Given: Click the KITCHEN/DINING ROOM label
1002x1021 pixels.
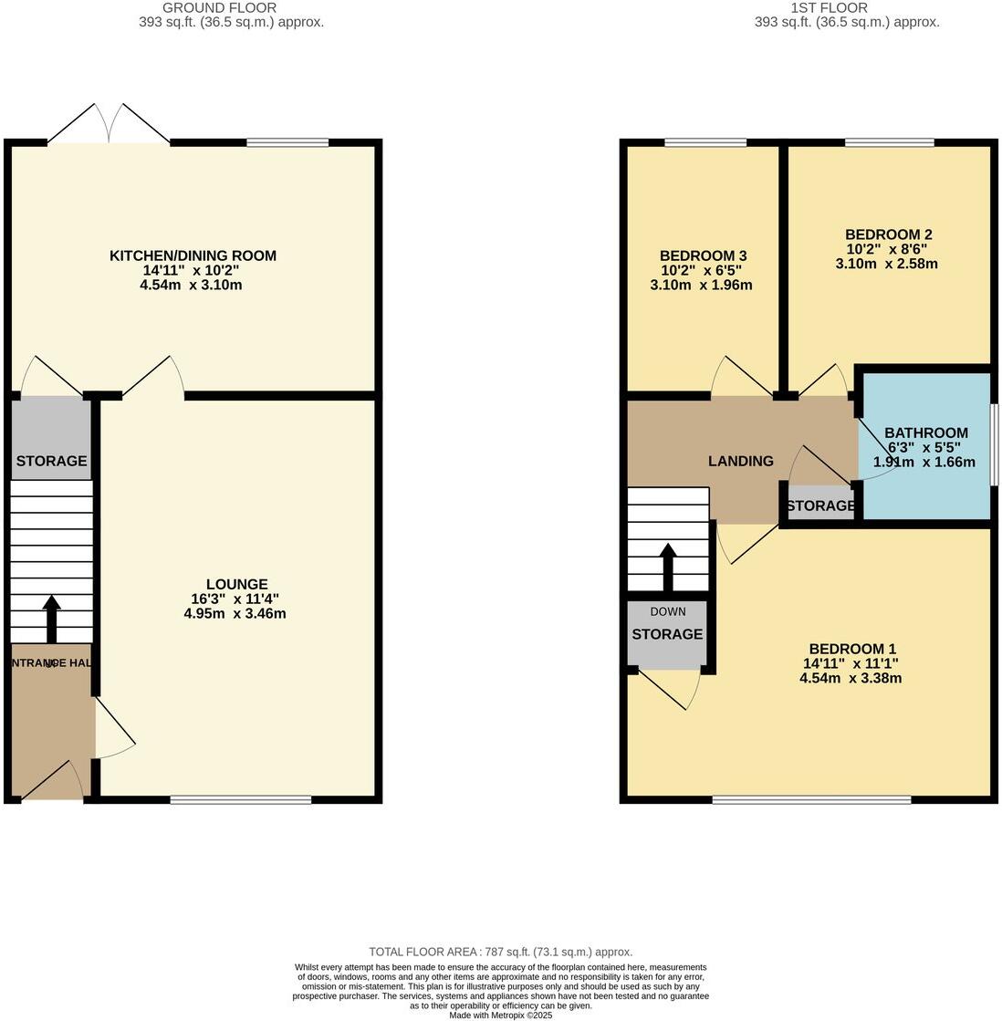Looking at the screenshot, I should (x=193, y=255).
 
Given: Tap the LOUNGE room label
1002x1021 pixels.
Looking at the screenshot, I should (x=236, y=584).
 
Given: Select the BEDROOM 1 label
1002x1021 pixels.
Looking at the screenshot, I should (x=850, y=650).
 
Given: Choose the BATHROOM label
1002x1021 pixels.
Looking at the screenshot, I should (x=925, y=433).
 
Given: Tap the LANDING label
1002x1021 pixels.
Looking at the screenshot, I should (x=740, y=461).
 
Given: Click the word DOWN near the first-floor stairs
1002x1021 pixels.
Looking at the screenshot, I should (x=667, y=611).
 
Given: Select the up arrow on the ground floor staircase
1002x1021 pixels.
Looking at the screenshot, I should (x=51, y=620).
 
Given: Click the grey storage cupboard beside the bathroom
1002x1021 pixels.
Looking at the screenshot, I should (x=819, y=505).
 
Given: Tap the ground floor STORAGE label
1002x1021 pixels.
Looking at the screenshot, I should (x=51, y=461).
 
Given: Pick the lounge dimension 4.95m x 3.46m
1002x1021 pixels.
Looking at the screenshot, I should (x=235, y=613).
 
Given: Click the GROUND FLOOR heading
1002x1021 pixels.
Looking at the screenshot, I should (x=219, y=8).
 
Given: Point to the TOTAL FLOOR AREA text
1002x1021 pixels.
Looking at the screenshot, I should (x=500, y=952).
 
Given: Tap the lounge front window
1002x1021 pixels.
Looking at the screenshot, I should (x=241, y=800).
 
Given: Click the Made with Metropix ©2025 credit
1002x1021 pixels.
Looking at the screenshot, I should (x=500, y=1015).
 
